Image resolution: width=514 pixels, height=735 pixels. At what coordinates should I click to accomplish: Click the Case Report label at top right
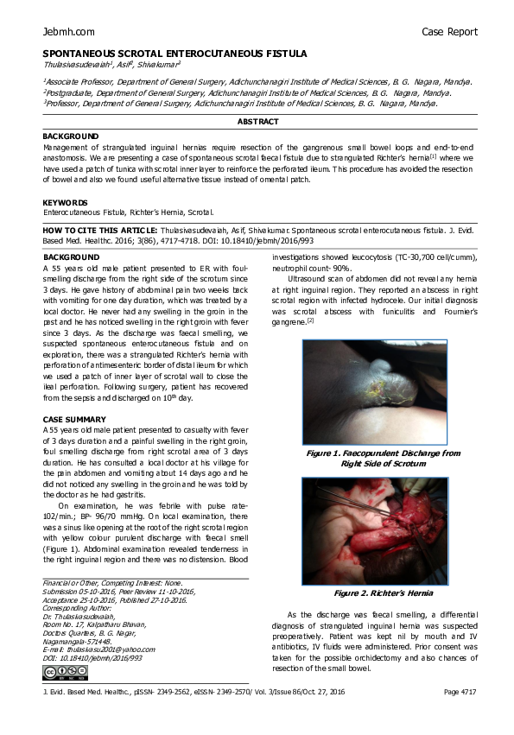coord(449,32)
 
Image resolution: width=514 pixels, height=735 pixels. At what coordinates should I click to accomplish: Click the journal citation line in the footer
coord(194,693)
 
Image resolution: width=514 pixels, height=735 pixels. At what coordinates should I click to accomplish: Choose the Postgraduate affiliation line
coord(246,92)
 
